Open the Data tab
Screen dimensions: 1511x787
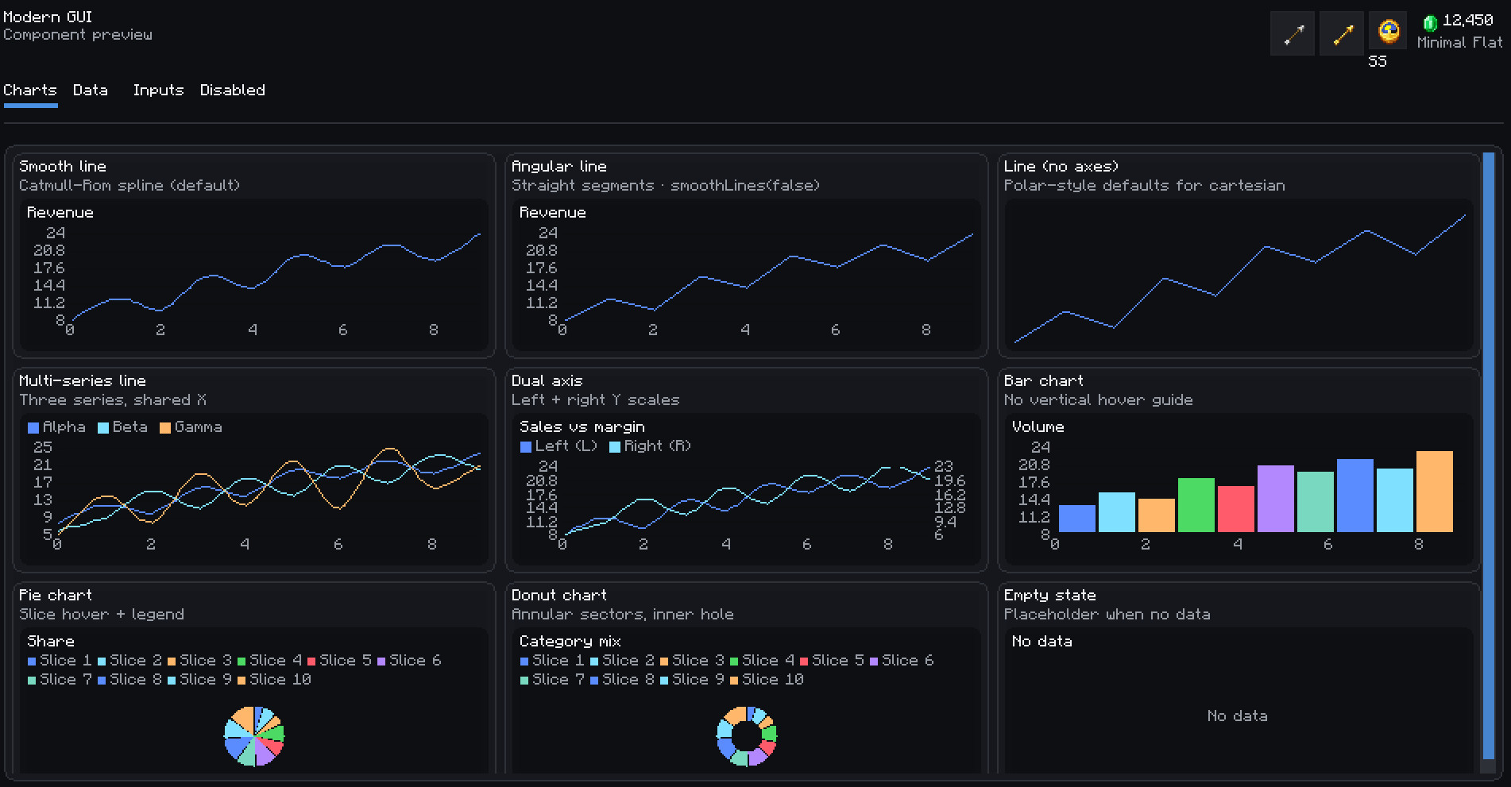click(91, 90)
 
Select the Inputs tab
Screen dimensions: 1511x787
click(158, 90)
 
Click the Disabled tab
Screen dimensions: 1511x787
click(233, 90)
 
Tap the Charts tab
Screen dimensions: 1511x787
click(30, 90)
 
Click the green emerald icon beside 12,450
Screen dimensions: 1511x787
click(1430, 22)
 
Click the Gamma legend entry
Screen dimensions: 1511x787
click(191, 427)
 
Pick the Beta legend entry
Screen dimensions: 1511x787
click(122, 427)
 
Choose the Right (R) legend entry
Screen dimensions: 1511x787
click(650, 446)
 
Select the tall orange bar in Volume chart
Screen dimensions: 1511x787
click(1435, 492)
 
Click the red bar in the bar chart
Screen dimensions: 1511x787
click(1236, 509)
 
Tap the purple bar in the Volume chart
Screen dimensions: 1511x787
click(1276, 499)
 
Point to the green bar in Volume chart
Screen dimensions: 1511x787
click(1196, 505)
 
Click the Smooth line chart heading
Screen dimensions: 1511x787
click(63, 166)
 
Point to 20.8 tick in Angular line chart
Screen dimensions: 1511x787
click(542, 250)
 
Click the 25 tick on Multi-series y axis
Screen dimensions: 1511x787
click(43, 447)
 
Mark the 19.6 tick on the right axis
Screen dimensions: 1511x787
click(950, 480)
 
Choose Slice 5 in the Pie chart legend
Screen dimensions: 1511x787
click(339, 661)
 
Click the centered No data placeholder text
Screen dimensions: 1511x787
click(1237, 716)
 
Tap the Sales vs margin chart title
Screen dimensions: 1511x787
click(582, 427)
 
